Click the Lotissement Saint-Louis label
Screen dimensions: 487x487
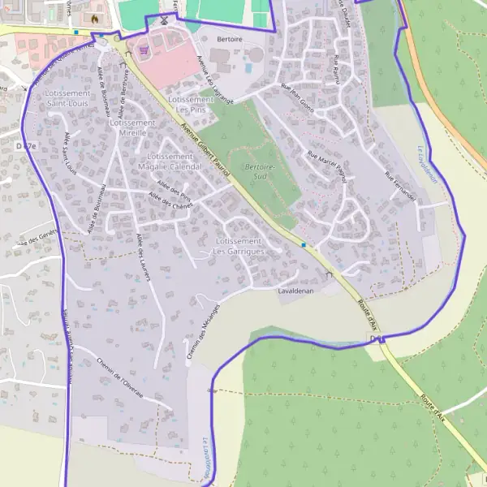pos(68,98)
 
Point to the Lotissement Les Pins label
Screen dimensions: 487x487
pos(190,104)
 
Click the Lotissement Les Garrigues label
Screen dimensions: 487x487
pos(239,247)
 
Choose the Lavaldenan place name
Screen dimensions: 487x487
pos(295,291)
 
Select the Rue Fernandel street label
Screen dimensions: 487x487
pos(400,187)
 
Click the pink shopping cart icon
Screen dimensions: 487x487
pos(144,49)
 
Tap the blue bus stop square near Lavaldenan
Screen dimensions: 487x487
pos(304,244)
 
